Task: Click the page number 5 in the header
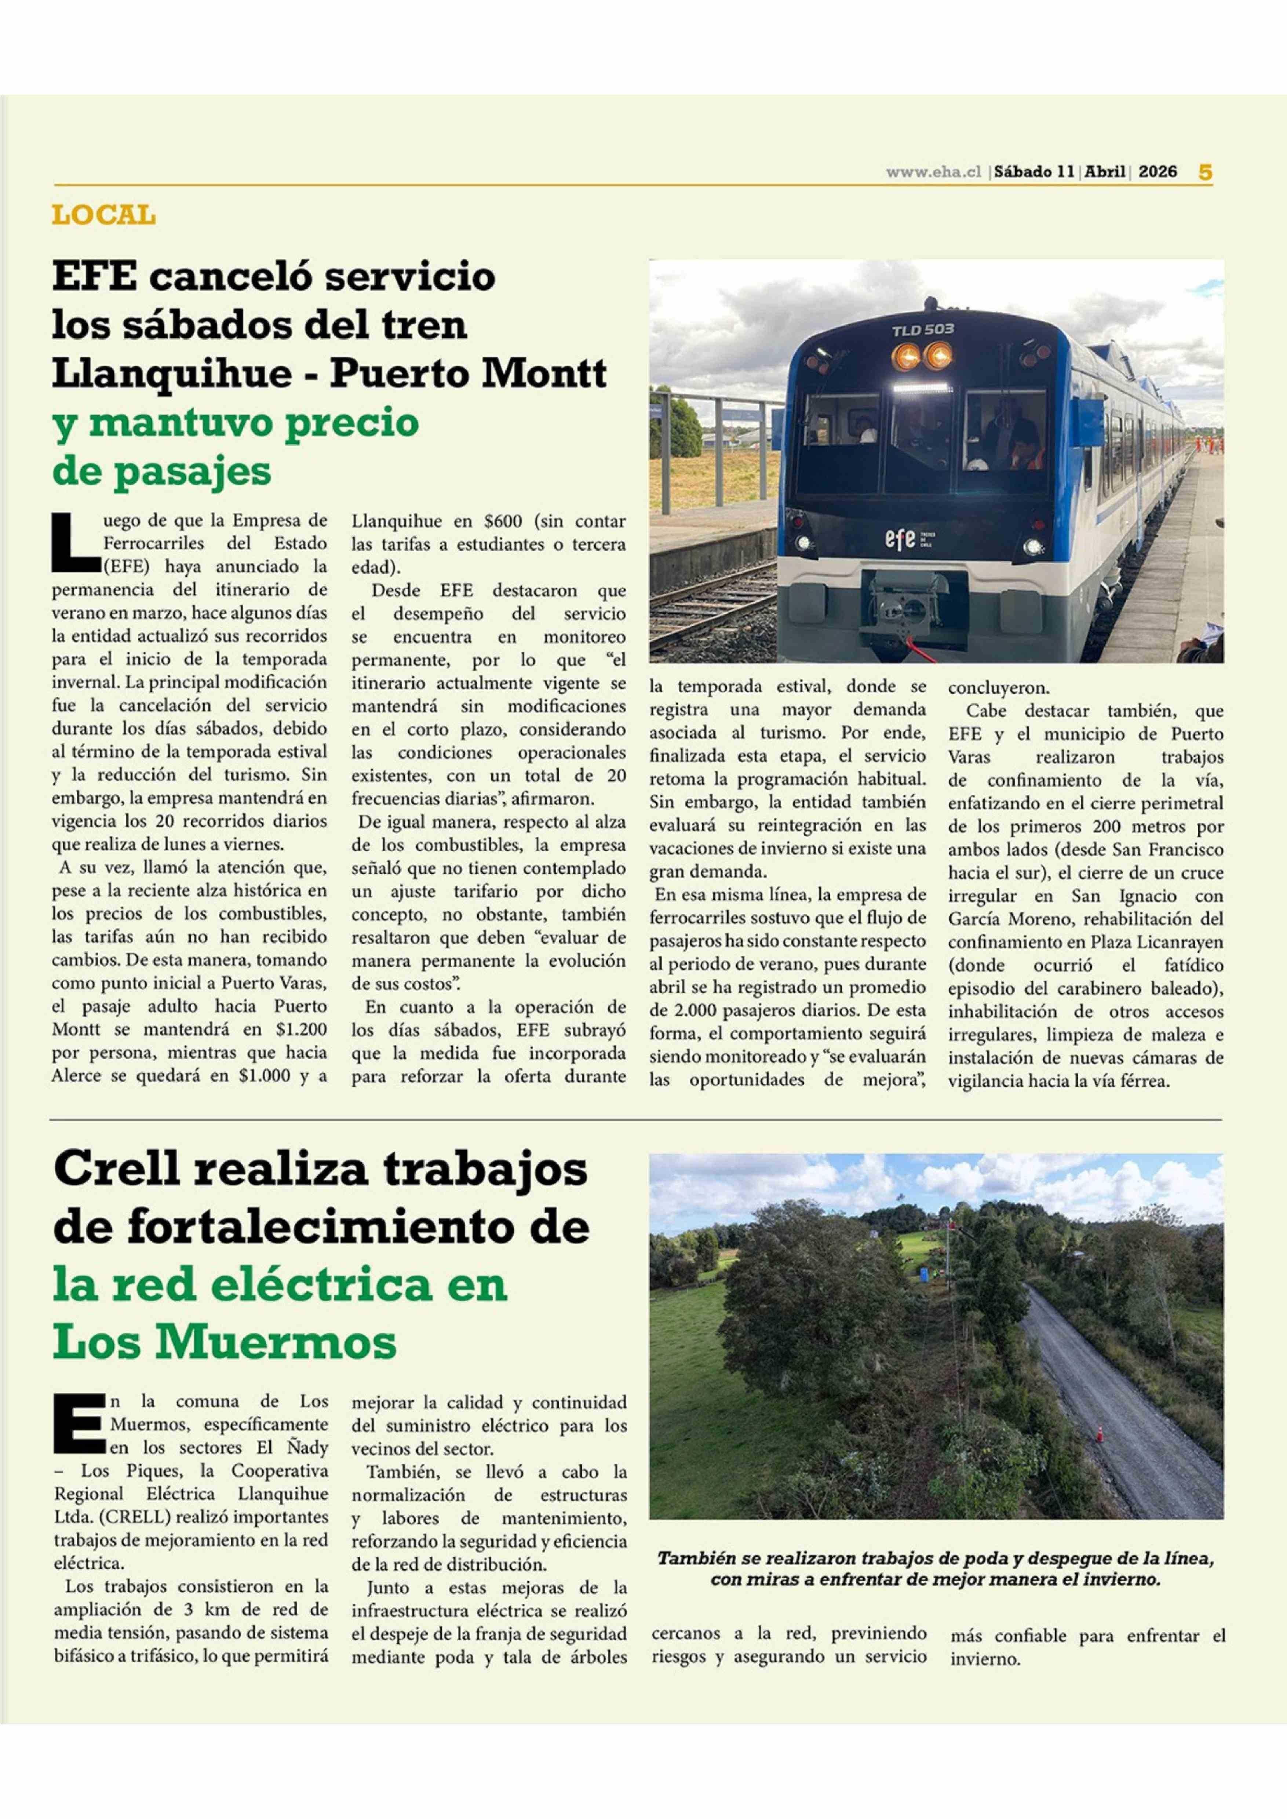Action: pos(1204,172)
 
